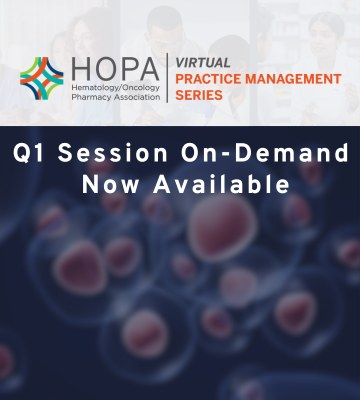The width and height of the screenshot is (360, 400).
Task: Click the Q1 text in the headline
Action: point(30,157)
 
